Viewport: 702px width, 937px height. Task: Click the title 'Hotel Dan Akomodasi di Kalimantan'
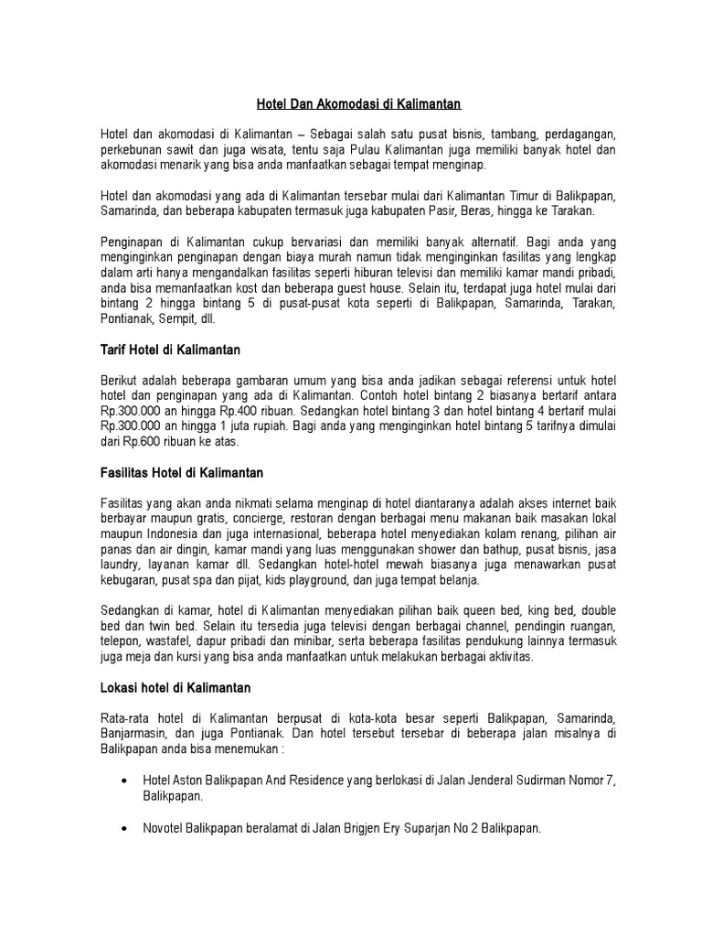pyautogui.click(x=357, y=106)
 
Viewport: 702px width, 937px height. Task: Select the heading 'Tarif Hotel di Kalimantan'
pyautogui.click(x=168, y=350)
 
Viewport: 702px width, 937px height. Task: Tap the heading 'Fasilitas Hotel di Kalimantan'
pyautogui.click(x=181, y=473)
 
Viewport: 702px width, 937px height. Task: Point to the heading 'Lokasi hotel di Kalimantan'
pyautogui.click(x=175, y=686)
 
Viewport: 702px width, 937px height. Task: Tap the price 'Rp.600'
pyautogui.click(x=143, y=441)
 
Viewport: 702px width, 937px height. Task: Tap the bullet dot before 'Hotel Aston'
pyautogui.click(x=125, y=781)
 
